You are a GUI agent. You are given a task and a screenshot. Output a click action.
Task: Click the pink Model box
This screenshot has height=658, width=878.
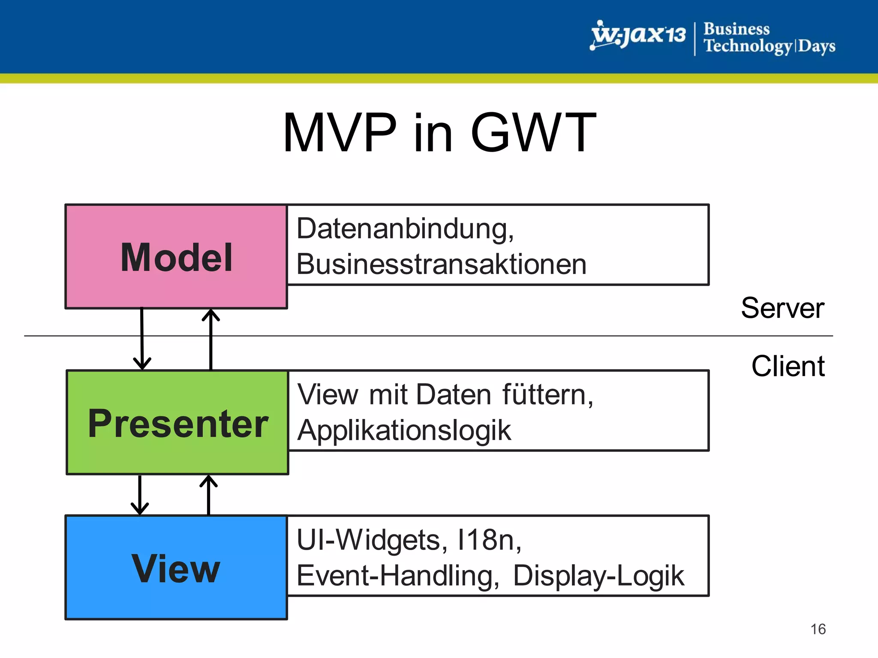coord(176,257)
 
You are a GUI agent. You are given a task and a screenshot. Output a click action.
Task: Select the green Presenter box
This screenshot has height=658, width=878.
coord(177,422)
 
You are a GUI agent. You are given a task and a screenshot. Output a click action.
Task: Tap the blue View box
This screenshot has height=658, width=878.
coord(176,568)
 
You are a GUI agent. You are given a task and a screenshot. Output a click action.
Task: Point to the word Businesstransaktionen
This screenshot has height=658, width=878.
coord(441,264)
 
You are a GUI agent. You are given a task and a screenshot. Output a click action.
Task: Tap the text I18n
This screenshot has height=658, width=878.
coord(489,540)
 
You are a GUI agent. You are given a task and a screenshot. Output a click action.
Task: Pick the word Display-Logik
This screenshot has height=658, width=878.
coord(598,575)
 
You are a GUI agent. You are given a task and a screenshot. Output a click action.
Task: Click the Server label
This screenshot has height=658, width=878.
coord(782,308)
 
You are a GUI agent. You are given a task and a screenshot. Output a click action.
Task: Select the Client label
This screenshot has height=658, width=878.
coord(788,366)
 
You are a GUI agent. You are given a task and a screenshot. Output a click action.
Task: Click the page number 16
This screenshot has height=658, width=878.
coord(818,629)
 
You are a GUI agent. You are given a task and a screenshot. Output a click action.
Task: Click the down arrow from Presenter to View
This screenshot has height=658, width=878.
coord(140,495)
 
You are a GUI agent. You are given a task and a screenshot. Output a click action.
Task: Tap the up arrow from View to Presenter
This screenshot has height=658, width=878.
coord(208,495)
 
